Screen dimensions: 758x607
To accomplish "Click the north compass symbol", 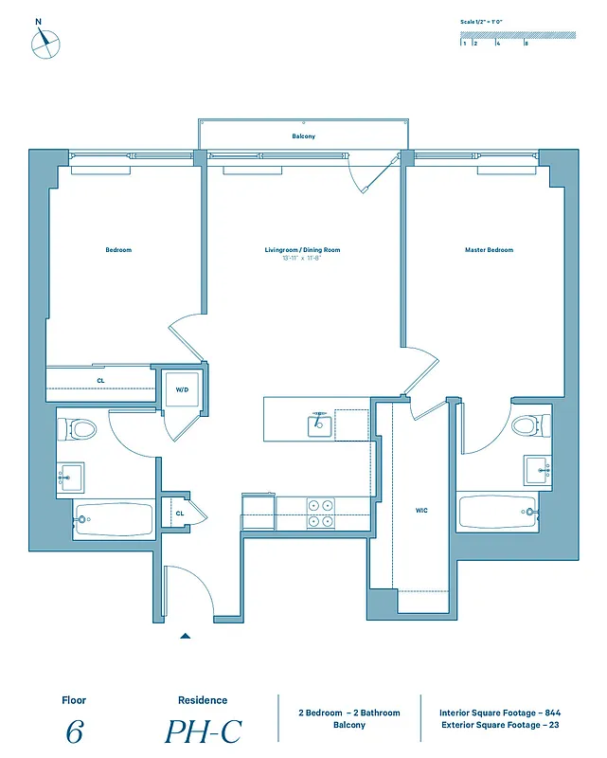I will click(x=45, y=43).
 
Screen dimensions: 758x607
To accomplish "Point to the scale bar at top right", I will click(x=517, y=37).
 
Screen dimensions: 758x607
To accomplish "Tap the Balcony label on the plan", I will click(x=303, y=136).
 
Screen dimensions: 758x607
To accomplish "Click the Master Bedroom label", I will click(x=489, y=250).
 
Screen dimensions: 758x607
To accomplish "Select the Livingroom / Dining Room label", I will click(x=302, y=250).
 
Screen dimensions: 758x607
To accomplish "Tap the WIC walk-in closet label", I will click(x=421, y=511).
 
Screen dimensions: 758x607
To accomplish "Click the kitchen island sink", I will click(x=319, y=424).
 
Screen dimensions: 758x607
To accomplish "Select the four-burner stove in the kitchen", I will click(x=320, y=513).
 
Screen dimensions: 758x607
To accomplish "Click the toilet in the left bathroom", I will click(x=80, y=429).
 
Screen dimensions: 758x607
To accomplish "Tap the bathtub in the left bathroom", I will click(x=114, y=519).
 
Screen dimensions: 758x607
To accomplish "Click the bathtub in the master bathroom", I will click(x=494, y=512).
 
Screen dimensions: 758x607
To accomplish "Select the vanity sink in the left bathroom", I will click(x=70, y=475).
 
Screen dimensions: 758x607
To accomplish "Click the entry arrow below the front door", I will click(x=186, y=636).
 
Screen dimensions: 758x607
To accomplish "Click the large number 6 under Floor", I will click(x=73, y=731).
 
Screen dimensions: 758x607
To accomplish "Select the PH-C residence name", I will click(x=203, y=731).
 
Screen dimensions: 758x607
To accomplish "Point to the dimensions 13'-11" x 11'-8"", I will click(x=302, y=258).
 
